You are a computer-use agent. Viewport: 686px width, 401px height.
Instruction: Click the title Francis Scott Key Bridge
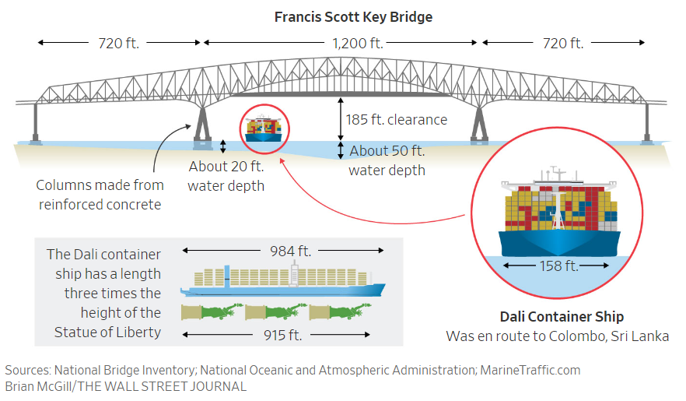tap(353, 16)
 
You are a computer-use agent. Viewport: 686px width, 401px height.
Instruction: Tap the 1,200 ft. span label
tap(341, 44)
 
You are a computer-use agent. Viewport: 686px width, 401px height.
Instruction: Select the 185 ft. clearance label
tap(397, 120)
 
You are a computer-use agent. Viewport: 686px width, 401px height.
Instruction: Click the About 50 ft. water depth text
tap(387, 160)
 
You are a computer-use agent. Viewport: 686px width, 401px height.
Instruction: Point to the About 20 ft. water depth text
tap(226, 175)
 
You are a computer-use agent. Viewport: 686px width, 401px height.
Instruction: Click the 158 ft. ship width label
tap(559, 266)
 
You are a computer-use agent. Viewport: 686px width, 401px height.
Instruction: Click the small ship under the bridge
tap(264, 128)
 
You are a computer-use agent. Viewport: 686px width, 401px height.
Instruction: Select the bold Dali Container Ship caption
tap(561, 317)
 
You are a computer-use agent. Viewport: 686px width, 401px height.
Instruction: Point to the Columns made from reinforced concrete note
tap(100, 195)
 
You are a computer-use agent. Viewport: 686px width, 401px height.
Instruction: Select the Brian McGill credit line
tap(125, 386)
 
